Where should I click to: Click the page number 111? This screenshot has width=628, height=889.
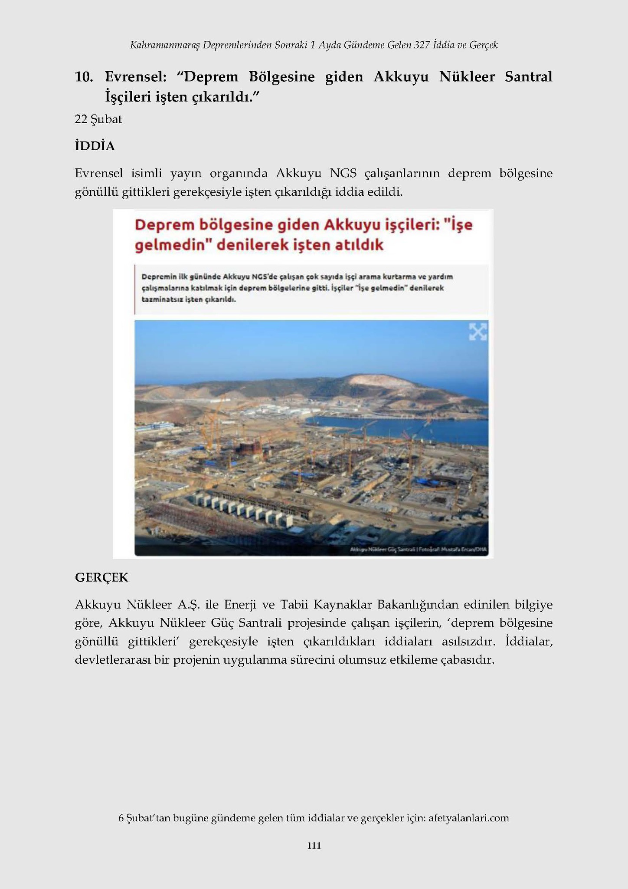point(314,845)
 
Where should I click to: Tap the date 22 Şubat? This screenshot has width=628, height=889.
point(98,119)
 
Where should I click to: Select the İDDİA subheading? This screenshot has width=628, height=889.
point(95,146)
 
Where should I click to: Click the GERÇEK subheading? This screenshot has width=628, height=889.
point(101,577)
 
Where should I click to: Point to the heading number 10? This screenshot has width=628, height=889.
point(84,77)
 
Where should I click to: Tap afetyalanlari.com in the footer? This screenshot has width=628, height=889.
point(468,818)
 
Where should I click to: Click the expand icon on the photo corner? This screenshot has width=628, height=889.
point(478,332)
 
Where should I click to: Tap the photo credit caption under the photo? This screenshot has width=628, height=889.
point(418,550)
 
